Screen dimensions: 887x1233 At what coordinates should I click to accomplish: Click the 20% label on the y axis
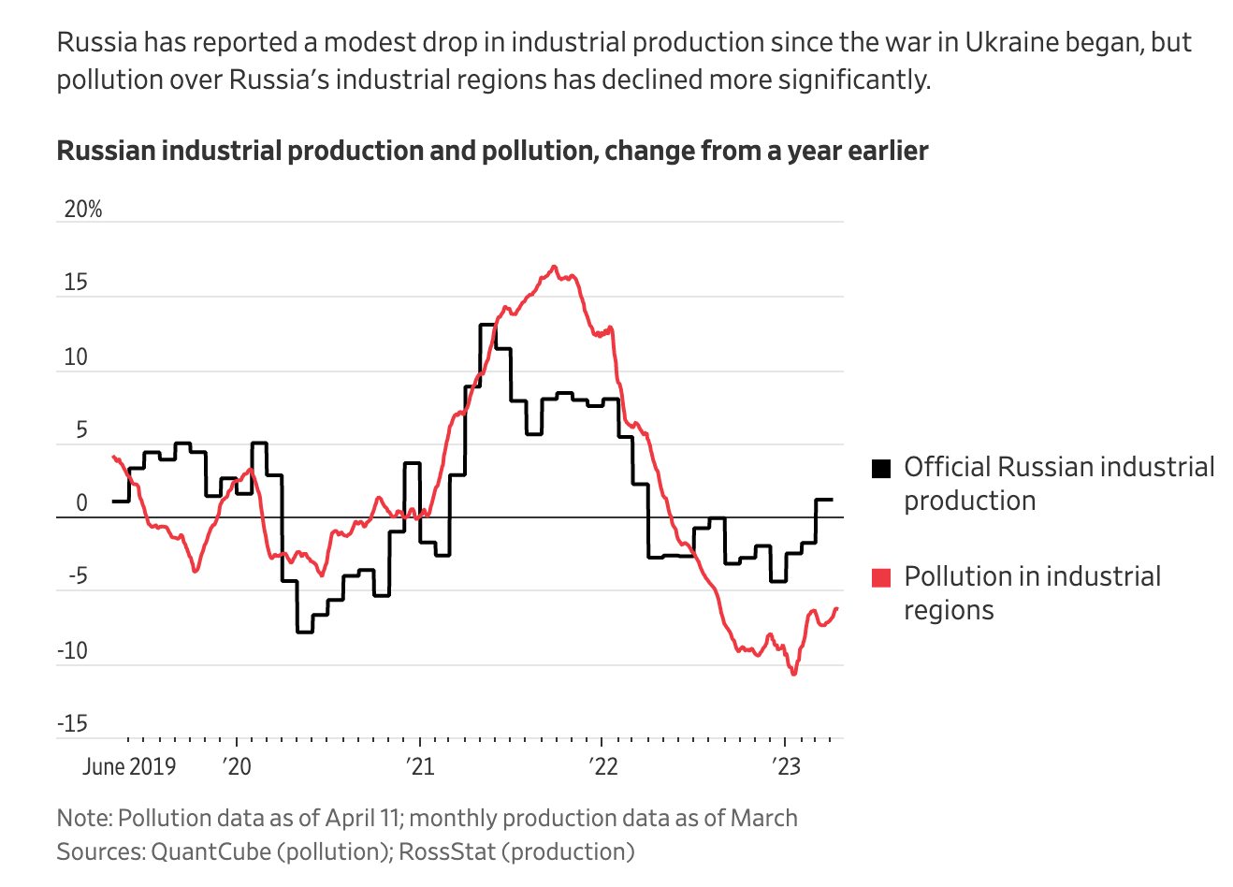pos(82,210)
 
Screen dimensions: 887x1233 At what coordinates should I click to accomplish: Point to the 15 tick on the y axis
pos(75,283)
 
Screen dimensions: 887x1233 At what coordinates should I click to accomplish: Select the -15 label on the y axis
pos(72,723)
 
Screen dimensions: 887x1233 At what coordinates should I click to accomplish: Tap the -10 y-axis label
pos(72,650)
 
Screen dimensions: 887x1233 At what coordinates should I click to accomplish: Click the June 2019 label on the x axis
pos(128,766)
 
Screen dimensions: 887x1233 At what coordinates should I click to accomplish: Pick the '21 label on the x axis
pos(420,766)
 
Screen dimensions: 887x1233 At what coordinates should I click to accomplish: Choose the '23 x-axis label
pos(786,766)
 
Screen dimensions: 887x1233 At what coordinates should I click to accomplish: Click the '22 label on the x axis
pos(603,766)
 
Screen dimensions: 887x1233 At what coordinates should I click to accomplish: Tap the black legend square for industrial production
pos(880,468)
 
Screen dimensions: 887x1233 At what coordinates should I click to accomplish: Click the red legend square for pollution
pos(880,577)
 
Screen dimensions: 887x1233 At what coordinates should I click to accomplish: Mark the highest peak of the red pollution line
pos(554,267)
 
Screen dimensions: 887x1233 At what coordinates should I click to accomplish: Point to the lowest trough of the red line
pos(794,674)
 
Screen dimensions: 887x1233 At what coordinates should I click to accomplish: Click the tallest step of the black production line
pos(487,325)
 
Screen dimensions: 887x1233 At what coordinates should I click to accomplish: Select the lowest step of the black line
pos(305,633)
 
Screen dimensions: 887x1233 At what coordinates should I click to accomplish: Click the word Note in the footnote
pos(82,818)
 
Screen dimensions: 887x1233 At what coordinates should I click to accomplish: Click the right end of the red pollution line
pos(837,608)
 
